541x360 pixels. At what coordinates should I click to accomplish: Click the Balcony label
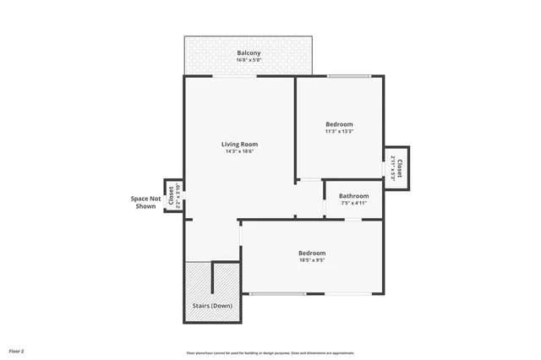click(x=249, y=53)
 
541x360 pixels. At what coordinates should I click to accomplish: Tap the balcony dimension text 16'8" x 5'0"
click(x=249, y=60)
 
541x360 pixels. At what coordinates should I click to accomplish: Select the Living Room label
click(x=239, y=144)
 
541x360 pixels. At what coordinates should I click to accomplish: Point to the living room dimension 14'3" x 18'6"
click(x=239, y=151)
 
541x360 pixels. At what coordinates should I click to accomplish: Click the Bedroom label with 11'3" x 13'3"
click(x=339, y=124)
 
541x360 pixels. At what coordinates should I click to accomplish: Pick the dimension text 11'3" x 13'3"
click(x=339, y=131)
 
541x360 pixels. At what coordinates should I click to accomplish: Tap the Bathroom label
click(x=353, y=195)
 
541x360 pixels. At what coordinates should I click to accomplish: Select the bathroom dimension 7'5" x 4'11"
click(x=353, y=203)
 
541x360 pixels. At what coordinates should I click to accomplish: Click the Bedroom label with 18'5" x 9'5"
click(x=312, y=253)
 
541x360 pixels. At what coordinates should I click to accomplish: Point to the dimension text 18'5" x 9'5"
click(x=312, y=260)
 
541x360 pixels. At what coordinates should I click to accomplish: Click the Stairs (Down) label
click(x=212, y=305)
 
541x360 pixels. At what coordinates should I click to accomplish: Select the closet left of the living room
click(x=172, y=196)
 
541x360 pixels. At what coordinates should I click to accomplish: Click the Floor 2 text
click(x=17, y=350)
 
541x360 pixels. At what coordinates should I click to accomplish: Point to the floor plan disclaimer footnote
click(x=270, y=352)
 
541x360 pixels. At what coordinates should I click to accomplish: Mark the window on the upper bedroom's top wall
click(x=349, y=77)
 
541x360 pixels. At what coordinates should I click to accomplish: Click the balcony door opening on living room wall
click(x=236, y=77)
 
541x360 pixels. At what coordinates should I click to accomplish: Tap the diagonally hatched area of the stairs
click(x=197, y=279)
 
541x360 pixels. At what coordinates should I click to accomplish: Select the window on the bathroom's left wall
click(x=325, y=205)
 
